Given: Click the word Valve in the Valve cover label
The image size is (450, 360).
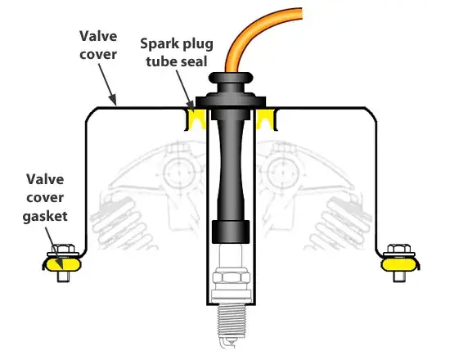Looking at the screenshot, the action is tap(98, 36).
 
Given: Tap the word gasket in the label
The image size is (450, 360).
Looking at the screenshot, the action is tap(45, 217).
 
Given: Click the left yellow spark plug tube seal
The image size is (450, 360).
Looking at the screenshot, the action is tap(196, 119).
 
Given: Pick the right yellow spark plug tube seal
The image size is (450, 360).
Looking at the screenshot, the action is tap(267, 119).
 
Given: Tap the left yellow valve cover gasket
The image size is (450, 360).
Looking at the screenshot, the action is tap(62, 264).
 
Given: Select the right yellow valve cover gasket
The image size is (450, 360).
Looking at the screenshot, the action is tap(399, 264).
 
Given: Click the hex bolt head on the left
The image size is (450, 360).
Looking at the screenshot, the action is tap(63, 249).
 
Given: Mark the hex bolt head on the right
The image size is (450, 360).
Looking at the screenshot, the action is tap(399, 249).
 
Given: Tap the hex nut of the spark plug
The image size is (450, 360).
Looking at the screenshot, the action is tap(231, 278).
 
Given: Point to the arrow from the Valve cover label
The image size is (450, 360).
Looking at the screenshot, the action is tap(108, 84).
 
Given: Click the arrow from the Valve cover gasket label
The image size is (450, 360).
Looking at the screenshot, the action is tap(54, 247).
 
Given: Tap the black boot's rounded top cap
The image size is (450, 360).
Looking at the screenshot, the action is tap(231, 78).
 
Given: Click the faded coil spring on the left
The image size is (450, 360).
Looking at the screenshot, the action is tap(120, 221).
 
